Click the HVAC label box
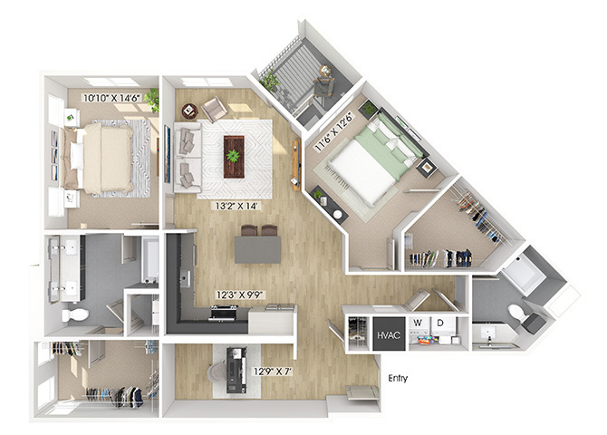[x=389, y=333]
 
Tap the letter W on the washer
[x=418, y=323]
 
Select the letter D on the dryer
[x=440, y=323]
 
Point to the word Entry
[x=398, y=378]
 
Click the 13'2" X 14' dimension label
[x=236, y=206]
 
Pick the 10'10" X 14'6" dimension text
[x=112, y=97]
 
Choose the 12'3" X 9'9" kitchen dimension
[x=239, y=295]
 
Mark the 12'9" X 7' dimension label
[x=272, y=372]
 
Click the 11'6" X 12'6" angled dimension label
[x=334, y=131]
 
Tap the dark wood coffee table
[x=234, y=157]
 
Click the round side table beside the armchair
[x=189, y=111]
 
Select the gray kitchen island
[x=257, y=250]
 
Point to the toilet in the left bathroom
[x=74, y=314]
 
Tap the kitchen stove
[x=224, y=313]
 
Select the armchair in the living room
[x=214, y=109]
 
